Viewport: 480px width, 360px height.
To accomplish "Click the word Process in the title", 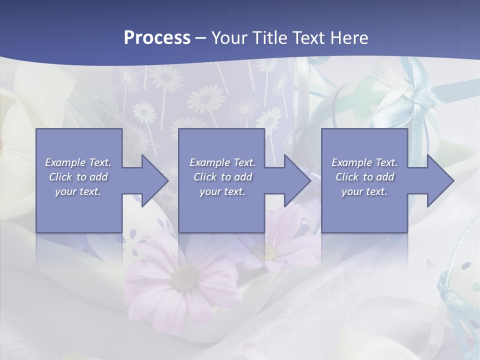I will [157, 38].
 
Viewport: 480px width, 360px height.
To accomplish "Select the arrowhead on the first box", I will [150, 180].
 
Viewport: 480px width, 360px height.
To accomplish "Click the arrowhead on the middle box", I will [292, 180].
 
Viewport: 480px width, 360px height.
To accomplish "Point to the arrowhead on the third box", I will [435, 180].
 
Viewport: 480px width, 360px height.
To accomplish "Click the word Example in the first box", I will [65, 162].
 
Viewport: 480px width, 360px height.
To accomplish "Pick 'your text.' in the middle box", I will [222, 191].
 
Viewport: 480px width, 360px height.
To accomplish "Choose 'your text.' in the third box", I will [364, 191].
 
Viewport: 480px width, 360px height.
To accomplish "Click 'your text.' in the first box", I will [77, 191].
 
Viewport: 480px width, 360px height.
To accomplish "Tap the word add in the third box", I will [384, 177].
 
